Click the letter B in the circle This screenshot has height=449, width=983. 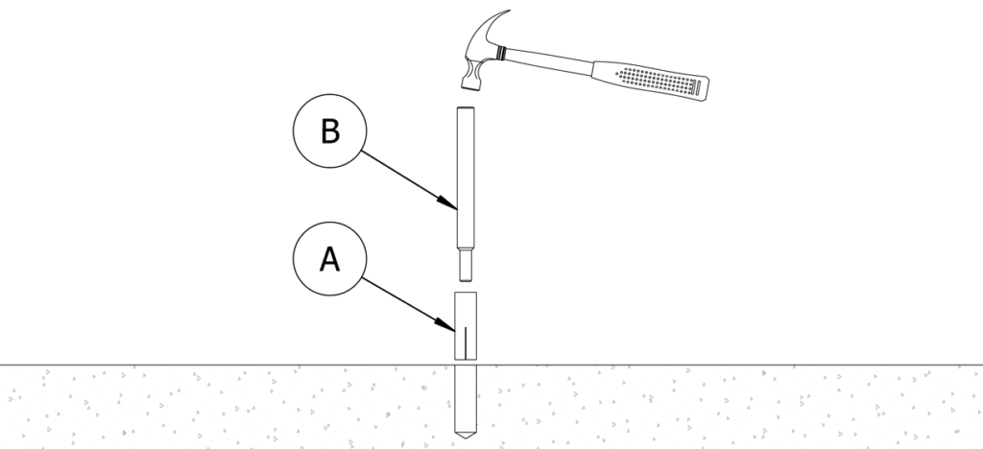(329, 131)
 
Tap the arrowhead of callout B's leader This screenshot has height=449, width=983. (452, 205)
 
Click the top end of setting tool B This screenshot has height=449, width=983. (465, 108)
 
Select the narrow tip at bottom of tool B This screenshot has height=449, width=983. (465, 263)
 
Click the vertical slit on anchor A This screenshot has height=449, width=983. (465, 341)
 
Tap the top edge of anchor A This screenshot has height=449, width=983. (465, 292)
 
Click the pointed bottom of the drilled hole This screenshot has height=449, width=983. (465, 437)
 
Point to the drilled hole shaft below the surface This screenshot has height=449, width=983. (465, 398)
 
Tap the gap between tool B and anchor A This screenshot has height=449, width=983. (465, 282)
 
